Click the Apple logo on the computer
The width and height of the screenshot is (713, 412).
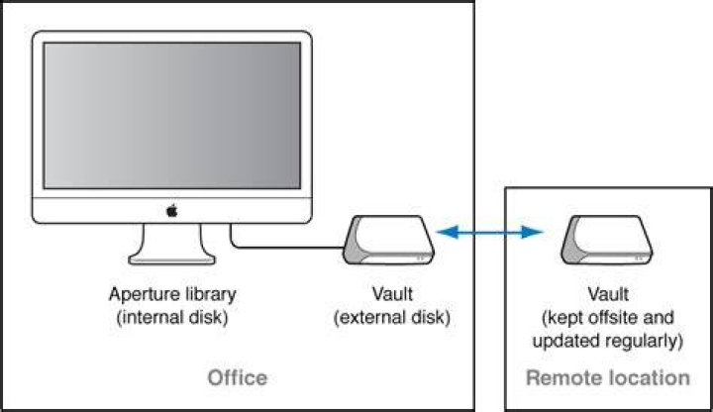point(172,211)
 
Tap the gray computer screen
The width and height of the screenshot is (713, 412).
point(172,115)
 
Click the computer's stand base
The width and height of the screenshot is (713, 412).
point(172,259)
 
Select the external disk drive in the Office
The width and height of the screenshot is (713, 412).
point(389,240)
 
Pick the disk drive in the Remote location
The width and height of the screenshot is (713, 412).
point(607,240)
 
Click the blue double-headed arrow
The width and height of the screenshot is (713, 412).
point(489,233)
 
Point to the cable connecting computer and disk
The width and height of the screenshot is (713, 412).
point(273,248)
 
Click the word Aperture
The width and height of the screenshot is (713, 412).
point(141,295)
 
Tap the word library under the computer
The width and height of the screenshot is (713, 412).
point(206,294)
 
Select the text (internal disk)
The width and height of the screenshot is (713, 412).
point(172,317)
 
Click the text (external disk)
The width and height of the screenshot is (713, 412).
point(392,317)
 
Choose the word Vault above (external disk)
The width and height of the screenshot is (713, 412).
point(392,294)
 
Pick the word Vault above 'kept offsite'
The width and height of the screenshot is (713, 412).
point(608,294)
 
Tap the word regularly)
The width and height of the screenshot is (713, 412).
point(648,341)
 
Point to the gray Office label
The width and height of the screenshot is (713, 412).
point(238,378)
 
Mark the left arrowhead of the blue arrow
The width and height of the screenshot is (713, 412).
point(447,233)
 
